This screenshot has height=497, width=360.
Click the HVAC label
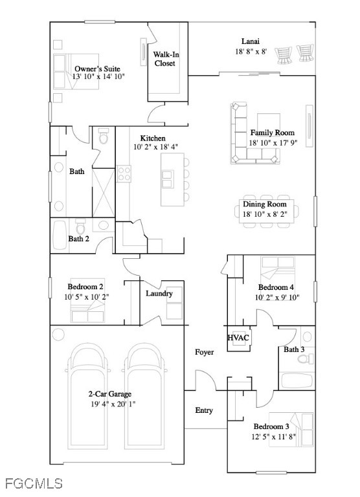(x=238, y=338)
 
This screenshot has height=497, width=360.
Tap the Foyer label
(x=204, y=352)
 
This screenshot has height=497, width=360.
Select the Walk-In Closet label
(x=165, y=59)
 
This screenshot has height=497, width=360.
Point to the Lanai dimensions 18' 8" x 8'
(x=251, y=51)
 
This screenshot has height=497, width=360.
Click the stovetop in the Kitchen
(x=124, y=173)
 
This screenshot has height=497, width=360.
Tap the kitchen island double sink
(x=168, y=179)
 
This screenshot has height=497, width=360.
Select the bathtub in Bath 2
(x=60, y=235)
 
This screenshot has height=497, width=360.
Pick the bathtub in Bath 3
(x=297, y=381)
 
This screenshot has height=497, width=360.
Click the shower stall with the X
(x=104, y=193)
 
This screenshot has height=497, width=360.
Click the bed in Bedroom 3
(x=291, y=430)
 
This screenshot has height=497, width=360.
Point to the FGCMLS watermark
(x=34, y=483)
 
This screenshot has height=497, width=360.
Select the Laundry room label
(x=159, y=294)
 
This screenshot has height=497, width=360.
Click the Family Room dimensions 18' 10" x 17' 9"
(x=273, y=142)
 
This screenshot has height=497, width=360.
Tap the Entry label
(x=204, y=410)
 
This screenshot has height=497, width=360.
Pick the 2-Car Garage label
(x=109, y=394)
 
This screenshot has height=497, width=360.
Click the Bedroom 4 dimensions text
(x=277, y=297)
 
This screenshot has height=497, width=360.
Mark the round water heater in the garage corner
(x=58, y=335)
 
